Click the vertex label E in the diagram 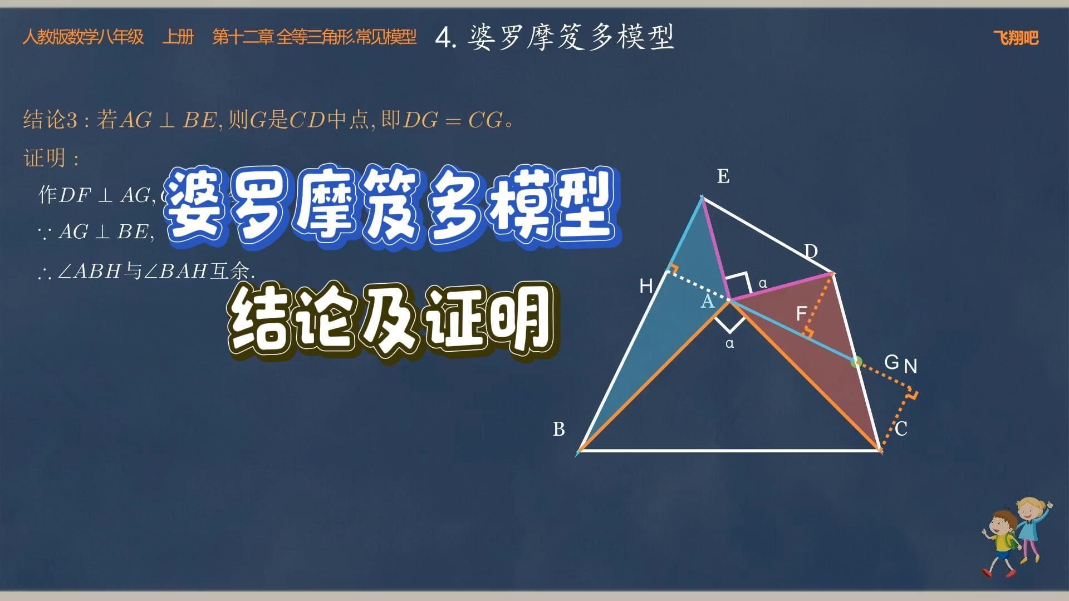pos(723,176)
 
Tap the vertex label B pos(559,429)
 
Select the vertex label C pos(901,429)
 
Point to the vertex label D pos(811,252)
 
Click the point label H pos(646,287)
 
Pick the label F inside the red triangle pos(801,314)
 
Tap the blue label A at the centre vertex pos(707,302)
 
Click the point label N pos(910,366)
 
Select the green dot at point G pos(856,362)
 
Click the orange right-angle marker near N pos(911,395)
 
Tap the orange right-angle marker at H pos(673,269)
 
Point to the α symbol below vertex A pos(729,344)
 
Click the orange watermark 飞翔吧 pos(1016,38)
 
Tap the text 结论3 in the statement pos(51,120)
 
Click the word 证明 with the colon pos(51,159)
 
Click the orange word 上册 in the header pos(178,37)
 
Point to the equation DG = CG pos(452,120)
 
